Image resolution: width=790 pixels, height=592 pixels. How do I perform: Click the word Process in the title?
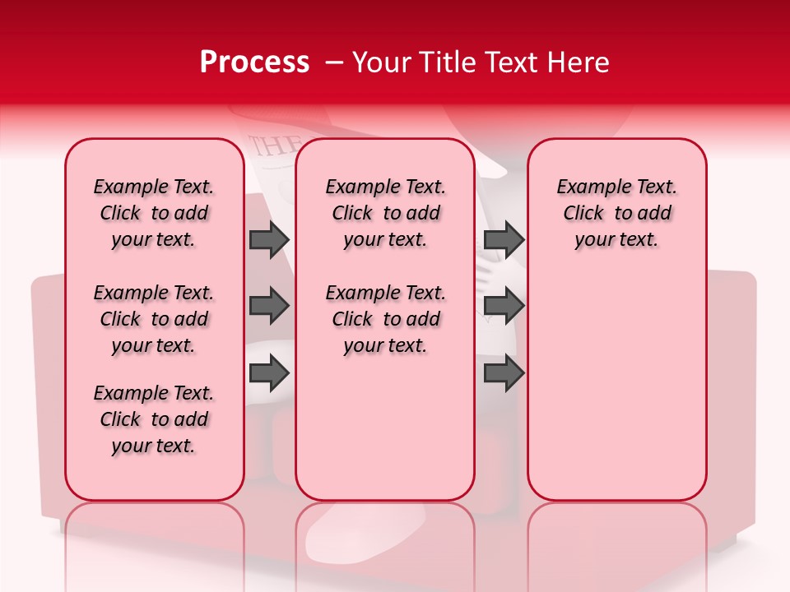pos(254,62)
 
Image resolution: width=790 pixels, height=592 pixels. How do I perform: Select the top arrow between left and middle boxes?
pos(269,240)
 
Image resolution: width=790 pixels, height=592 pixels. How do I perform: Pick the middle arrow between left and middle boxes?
pos(269,307)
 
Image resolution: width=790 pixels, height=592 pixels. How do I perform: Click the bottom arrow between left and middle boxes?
pos(269,373)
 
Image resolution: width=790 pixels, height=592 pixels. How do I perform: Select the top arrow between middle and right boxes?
pos(504,240)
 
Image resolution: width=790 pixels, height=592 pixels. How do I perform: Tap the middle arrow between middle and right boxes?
pos(504,307)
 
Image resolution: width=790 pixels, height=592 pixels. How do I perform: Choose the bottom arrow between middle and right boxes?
pos(504,373)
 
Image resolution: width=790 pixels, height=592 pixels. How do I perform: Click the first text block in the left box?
pos(154,213)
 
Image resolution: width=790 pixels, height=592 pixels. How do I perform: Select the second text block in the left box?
pos(154,319)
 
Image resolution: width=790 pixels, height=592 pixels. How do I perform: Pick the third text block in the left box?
pos(154,419)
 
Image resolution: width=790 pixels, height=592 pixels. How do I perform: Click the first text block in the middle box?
pos(385,213)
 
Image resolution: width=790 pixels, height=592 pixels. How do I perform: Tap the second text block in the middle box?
pos(385,319)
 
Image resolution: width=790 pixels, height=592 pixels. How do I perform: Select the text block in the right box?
pos(617,213)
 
